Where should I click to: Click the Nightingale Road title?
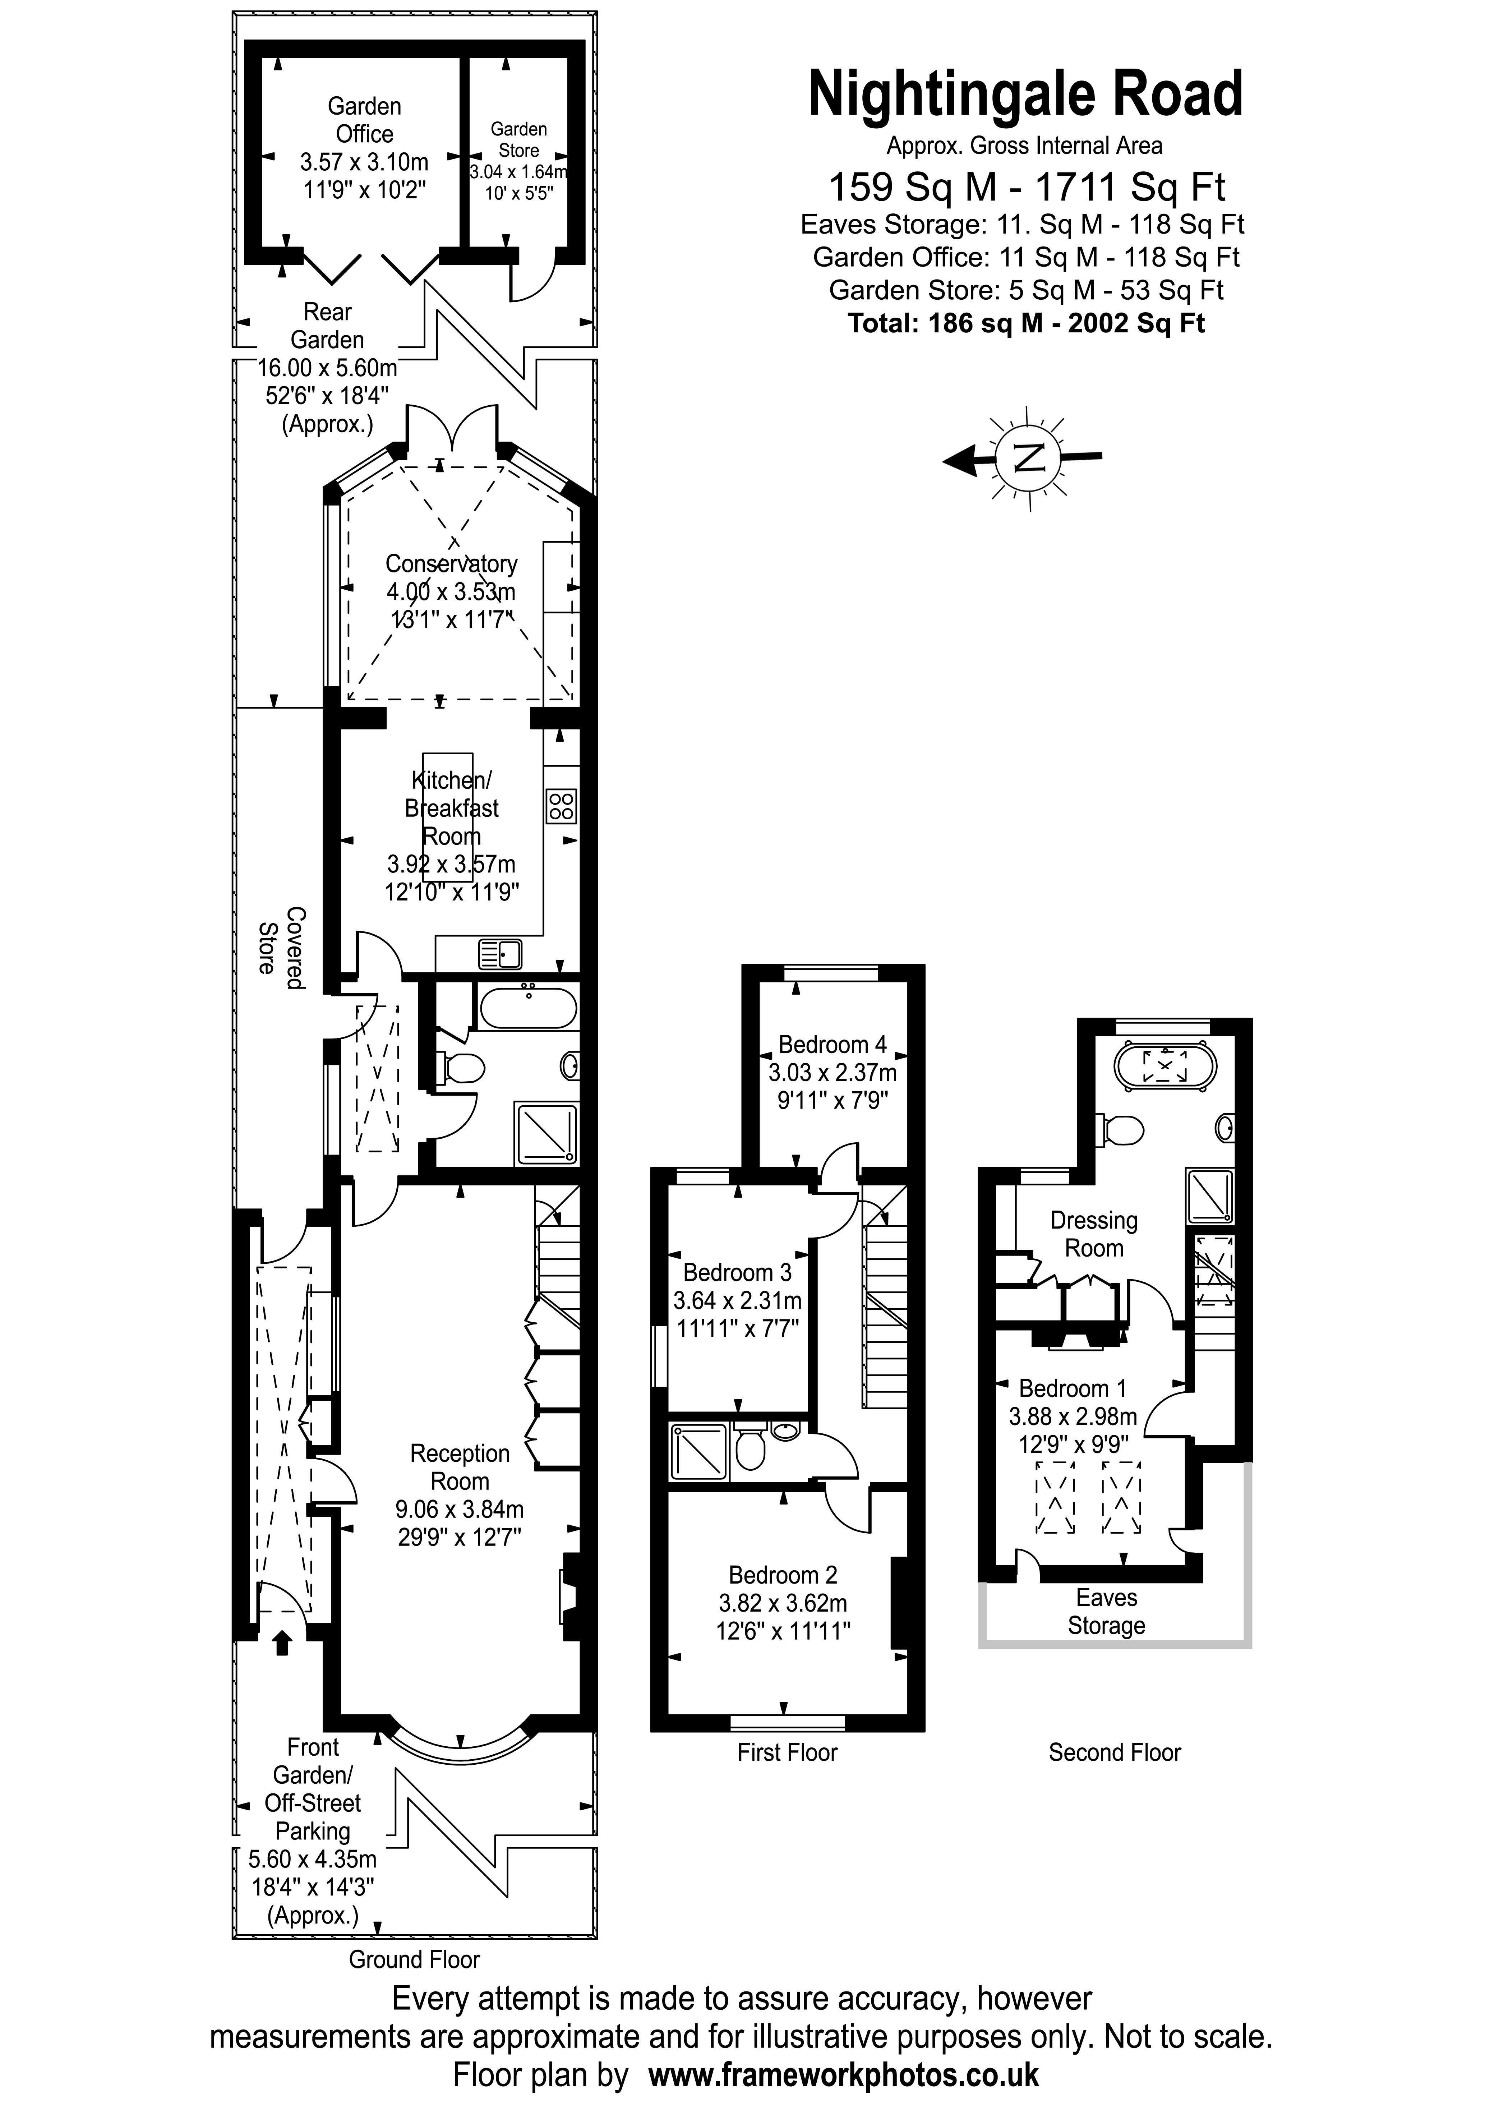point(1026,95)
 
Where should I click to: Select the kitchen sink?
point(501,954)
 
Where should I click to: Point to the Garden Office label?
point(364,120)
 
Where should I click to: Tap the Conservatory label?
point(451,564)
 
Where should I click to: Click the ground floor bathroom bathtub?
point(529,1008)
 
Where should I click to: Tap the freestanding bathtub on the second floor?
point(1164,1066)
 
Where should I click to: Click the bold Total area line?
point(1026,323)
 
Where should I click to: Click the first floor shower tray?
point(700,1452)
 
